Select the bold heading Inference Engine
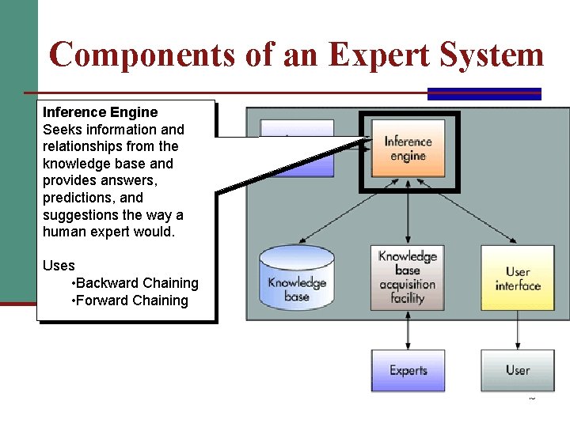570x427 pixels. point(100,112)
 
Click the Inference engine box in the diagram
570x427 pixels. point(408,148)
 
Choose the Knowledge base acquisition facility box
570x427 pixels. point(408,277)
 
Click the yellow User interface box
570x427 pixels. point(518,278)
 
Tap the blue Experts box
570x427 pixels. point(408,370)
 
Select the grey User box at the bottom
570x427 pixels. point(518,370)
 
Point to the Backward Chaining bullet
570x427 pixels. point(135,283)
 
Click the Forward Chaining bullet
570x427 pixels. point(130,300)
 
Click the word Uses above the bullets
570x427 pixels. point(59,266)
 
